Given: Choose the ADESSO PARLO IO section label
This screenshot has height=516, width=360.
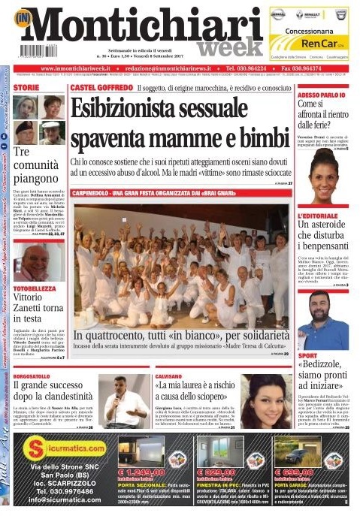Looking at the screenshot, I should click(320, 95).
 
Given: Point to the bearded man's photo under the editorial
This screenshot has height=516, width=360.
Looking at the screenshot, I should click(322, 320).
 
